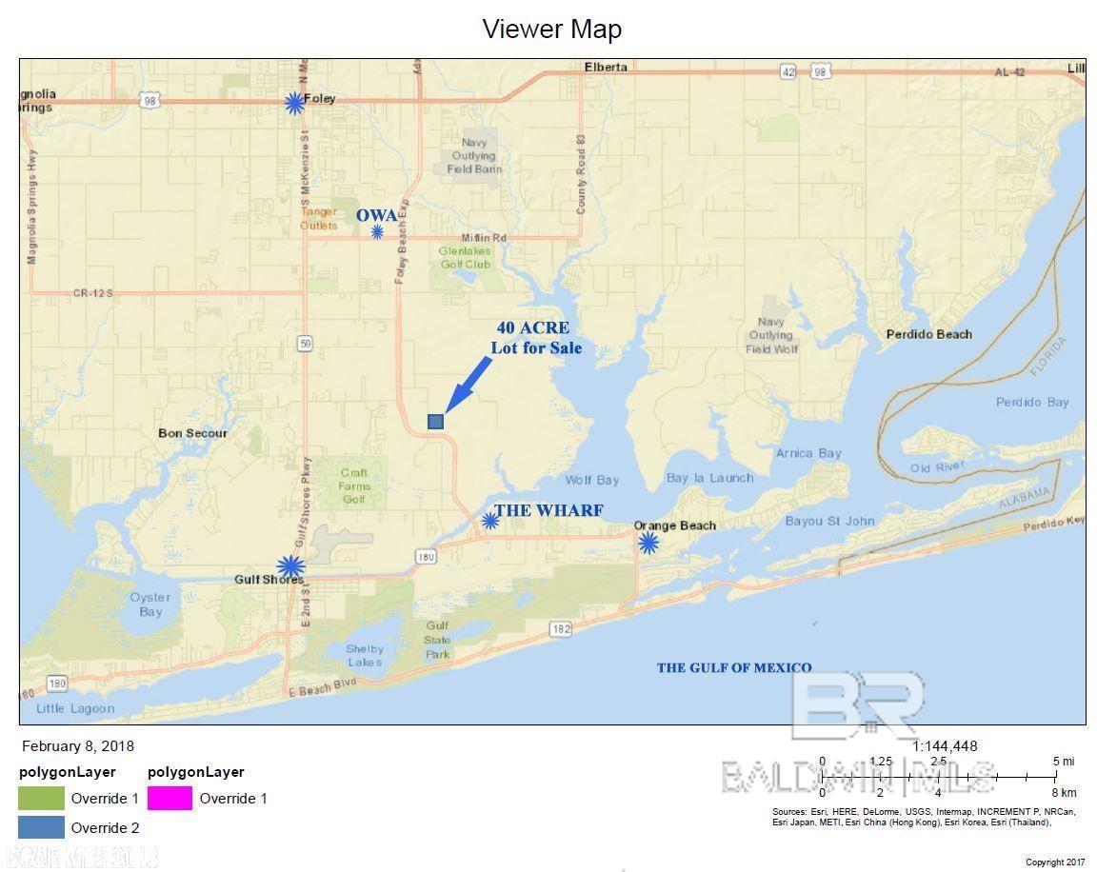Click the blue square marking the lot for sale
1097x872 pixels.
(x=435, y=421)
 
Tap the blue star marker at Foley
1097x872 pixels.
(x=294, y=103)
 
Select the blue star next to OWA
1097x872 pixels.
(x=377, y=231)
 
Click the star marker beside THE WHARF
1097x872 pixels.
(x=489, y=520)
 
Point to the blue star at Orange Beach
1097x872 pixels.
(x=648, y=543)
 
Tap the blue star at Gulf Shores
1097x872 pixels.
(x=290, y=565)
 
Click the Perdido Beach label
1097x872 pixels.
(x=928, y=334)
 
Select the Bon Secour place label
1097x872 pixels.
(x=192, y=433)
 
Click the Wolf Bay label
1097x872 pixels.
(x=591, y=480)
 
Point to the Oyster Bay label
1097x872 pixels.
(x=150, y=604)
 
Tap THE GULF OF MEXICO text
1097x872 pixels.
(x=733, y=667)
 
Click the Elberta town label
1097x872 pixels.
(x=606, y=67)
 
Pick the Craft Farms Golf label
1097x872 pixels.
(x=354, y=486)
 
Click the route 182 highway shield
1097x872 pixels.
(x=560, y=628)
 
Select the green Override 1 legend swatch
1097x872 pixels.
(x=41, y=798)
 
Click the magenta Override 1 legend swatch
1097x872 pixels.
(x=170, y=798)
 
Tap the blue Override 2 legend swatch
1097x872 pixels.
(x=41, y=827)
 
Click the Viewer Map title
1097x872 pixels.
(x=551, y=29)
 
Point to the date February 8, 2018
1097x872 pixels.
(x=78, y=746)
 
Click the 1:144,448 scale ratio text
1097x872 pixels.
(x=945, y=746)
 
